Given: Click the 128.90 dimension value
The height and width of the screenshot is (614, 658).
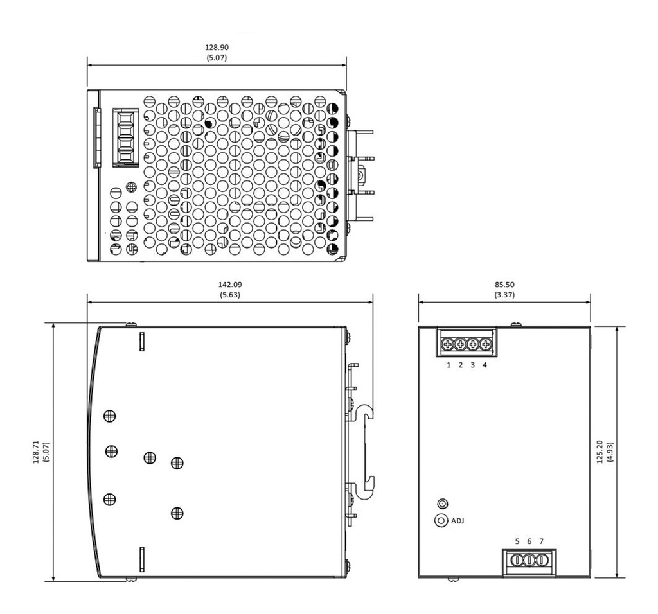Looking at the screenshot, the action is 217,48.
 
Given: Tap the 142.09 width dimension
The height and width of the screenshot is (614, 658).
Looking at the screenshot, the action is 230,285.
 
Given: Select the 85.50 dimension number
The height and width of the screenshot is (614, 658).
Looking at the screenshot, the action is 504,285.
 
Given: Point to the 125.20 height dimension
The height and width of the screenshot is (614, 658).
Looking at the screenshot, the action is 600,452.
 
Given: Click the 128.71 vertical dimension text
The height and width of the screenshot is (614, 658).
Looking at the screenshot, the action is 36,452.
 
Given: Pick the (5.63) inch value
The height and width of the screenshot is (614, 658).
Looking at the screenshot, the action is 230,295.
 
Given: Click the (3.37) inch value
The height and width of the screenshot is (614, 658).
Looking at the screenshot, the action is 504,295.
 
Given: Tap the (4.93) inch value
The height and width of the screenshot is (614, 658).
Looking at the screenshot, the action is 610,452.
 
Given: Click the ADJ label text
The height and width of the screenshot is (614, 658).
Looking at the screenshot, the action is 458,521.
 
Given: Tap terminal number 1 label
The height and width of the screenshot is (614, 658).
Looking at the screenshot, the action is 449,365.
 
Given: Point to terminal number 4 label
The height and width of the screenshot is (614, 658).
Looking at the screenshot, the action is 485,365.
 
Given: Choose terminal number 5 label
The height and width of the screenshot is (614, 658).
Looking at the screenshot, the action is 517,541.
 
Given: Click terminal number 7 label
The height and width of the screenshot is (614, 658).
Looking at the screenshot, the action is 541,541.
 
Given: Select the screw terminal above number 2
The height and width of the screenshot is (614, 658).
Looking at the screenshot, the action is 460,345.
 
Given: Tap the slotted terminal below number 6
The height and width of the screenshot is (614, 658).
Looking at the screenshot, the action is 529,560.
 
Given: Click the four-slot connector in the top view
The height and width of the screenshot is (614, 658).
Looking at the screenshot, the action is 125,137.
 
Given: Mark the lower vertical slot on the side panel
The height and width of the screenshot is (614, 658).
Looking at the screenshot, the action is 142,559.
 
